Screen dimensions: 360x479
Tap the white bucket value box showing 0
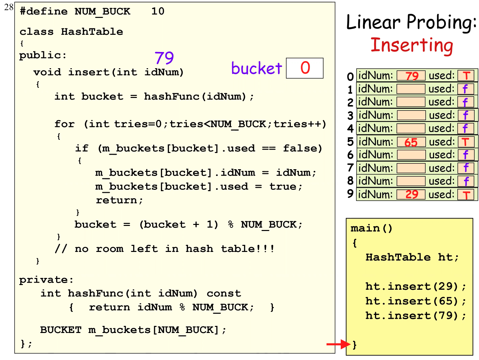click(305, 68)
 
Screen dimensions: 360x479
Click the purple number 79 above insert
click(164, 58)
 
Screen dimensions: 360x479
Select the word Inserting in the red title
click(412, 45)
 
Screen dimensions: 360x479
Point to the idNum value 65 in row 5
click(411, 142)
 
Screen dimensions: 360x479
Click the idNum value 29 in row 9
click(411, 195)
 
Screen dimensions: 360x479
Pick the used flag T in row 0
click(466, 76)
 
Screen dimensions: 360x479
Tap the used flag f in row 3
click(466, 115)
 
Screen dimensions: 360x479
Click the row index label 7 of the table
click(350, 168)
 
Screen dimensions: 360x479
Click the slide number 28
click(9, 7)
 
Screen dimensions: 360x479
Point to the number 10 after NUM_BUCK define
click(158, 11)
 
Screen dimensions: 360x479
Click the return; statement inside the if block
click(119, 200)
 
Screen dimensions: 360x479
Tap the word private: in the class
click(46, 280)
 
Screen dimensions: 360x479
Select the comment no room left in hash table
click(165, 249)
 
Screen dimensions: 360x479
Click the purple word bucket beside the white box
click(257, 69)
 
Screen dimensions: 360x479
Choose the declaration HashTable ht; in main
click(412, 257)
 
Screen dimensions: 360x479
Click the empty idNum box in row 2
click(411, 102)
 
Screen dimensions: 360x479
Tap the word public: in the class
click(43, 55)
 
